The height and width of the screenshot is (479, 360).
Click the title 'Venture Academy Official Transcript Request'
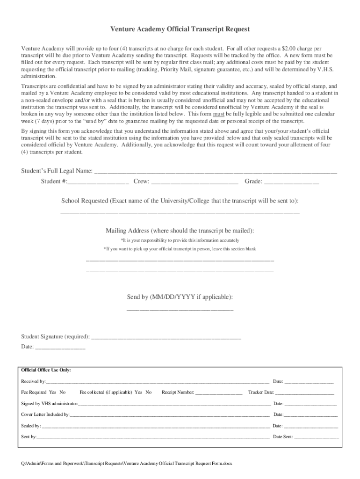180,29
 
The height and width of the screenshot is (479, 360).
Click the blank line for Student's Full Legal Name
216,172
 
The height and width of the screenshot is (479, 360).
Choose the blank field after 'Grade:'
292,182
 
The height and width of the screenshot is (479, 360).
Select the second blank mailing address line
180,271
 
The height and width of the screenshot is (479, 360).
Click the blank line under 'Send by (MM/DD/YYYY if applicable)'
180,309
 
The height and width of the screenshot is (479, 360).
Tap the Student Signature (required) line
166,337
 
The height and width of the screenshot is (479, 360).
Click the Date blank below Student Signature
60,348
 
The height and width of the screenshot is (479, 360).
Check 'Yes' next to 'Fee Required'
52,392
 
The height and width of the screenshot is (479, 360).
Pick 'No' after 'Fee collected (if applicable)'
149,392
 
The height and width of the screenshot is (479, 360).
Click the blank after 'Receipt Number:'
219,392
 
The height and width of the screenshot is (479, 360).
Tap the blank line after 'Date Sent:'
317,437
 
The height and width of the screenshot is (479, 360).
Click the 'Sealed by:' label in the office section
31,426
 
